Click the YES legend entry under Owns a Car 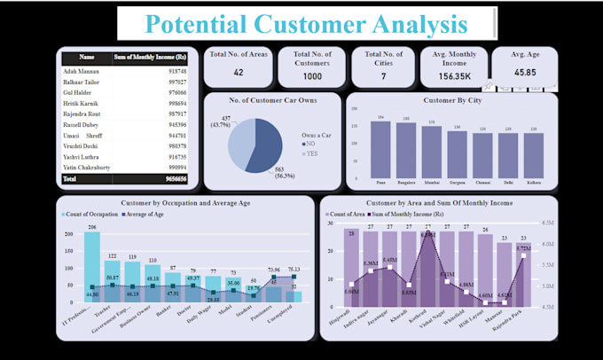pyautogui.click(x=309, y=151)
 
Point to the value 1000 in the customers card pyautogui.click(x=312, y=75)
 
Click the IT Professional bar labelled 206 pyautogui.click(x=91, y=266)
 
